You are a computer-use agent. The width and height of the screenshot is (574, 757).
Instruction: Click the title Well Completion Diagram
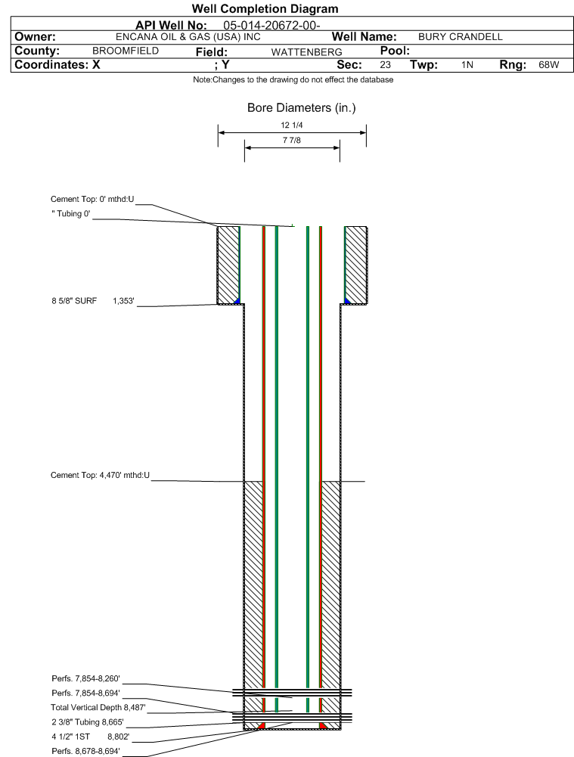click(265, 8)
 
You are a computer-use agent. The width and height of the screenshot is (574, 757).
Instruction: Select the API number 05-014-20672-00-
click(271, 26)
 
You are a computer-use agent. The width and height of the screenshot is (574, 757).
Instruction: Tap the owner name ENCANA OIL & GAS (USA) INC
click(188, 37)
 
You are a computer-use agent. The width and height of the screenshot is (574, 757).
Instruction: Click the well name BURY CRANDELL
click(460, 37)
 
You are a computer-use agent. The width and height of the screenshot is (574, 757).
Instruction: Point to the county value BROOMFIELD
click(126, 51)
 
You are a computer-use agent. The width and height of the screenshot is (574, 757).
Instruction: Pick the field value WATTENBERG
click(306, 52)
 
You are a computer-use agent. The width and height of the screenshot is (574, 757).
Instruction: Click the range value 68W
click(549, 65)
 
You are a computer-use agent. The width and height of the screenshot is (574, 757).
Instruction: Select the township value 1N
click(467, 65)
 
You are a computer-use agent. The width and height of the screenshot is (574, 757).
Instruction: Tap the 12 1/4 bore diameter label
click(292, 126)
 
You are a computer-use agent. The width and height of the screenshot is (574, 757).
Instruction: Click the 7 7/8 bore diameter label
click(292, 141)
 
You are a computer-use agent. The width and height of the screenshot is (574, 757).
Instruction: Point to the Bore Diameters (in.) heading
click(301, 107)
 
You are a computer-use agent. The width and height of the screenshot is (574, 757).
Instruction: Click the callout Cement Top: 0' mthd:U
click(92, 199)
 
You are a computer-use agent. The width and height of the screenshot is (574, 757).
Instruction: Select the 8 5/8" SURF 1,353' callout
click(93, 301)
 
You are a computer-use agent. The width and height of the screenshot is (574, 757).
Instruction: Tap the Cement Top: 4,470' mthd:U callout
click(100, 475)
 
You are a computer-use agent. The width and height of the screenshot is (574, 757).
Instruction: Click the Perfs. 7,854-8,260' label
click(85, 679)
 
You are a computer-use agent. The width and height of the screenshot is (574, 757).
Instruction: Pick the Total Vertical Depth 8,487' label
click(98, 708)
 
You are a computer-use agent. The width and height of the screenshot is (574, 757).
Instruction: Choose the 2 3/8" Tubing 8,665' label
click(88, 722)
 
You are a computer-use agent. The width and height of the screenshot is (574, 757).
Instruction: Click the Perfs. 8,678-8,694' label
click(85, 751)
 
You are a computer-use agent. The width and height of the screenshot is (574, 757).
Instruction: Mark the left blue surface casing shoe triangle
click(237, 301)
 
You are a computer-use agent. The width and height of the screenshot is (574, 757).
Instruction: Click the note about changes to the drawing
click(293, 79)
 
